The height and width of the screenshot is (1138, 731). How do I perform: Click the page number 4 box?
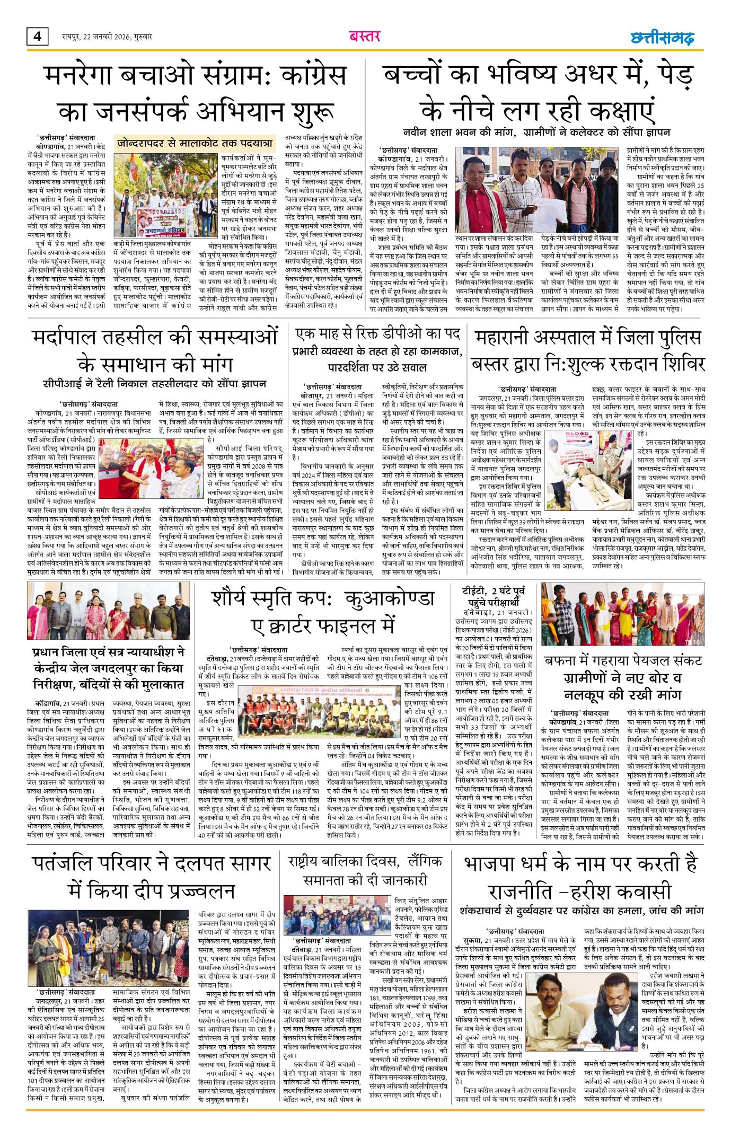(x=38, y=36)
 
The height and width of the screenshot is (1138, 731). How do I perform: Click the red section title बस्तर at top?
(x=365, y=37)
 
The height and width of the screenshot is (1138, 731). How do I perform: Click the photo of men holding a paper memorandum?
(x=536, y=190)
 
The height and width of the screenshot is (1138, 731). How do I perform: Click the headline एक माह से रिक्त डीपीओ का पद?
(x=377, y=333)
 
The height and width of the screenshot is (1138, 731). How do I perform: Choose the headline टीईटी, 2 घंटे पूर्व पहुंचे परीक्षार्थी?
(x=494, y=597)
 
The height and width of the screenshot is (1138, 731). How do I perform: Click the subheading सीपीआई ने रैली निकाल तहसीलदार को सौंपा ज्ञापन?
(x=155, y=384)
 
